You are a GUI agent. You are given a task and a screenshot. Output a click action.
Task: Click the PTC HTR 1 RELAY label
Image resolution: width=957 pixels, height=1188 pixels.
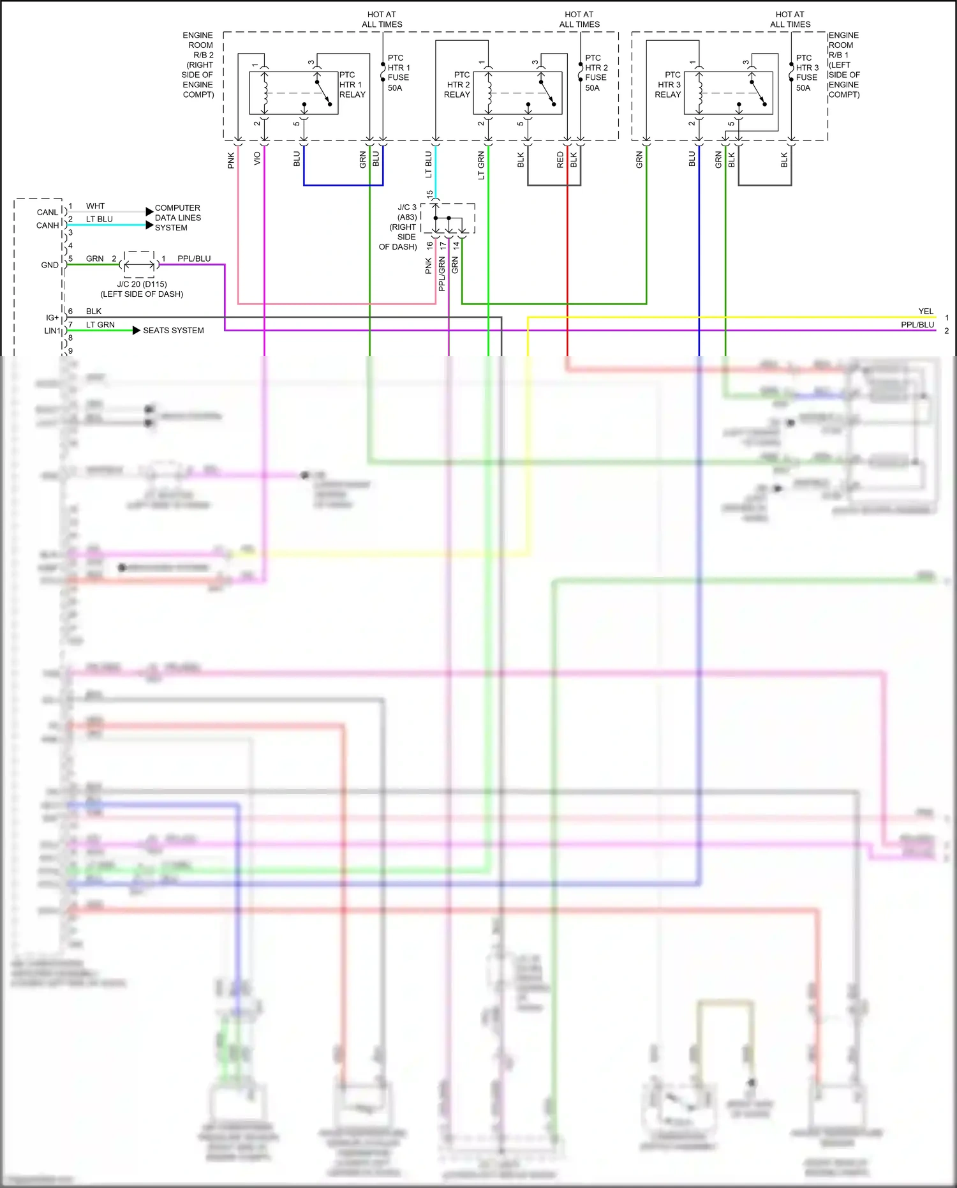tap(352, 84)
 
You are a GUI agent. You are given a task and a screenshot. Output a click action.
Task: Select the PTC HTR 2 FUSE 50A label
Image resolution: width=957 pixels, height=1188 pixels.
tap(596, 73)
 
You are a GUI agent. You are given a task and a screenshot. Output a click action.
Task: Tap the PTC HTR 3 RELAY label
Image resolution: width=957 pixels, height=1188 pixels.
tap(668, 84)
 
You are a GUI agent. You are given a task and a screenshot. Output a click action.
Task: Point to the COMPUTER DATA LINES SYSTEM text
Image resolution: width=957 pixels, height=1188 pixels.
tap(177, 218)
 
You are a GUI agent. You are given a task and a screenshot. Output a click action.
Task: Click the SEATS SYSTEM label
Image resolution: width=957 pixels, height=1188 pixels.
tap(173, 331)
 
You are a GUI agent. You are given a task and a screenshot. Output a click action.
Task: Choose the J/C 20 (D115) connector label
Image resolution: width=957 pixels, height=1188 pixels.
tap(142, 289)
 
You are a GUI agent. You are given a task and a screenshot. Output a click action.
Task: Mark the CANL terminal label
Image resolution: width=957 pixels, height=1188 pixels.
tap(47, 212)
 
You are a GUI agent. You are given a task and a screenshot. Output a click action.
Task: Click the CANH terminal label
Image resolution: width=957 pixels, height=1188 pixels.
tap(47, 225)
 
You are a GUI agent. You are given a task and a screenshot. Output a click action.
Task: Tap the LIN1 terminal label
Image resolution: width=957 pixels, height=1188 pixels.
tap(52, 331)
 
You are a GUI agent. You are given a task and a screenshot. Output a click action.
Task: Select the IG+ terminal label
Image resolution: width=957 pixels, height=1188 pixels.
tap(52, 317)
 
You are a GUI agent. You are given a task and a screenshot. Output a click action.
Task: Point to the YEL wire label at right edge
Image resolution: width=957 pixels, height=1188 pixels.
tap(925, 311)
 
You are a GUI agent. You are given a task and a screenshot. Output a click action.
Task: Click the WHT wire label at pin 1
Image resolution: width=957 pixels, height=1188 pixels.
tap(95, 206)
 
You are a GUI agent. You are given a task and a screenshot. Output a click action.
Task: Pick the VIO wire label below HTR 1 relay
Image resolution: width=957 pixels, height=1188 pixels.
tap(257, 158)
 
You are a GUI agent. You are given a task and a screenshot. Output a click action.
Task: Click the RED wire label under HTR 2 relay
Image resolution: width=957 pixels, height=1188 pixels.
tap(560, 160)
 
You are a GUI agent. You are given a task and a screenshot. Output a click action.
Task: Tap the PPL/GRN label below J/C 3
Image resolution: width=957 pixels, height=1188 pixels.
tap(441, 274)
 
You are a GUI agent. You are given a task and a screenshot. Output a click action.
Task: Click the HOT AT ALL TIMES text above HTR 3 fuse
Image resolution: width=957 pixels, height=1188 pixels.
tap(790, 19)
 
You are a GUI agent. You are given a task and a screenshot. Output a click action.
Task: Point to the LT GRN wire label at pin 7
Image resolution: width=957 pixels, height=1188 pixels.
tap(100, 324)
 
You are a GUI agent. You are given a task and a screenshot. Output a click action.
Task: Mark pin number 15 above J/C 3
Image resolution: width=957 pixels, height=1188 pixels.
tap(430, 194)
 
